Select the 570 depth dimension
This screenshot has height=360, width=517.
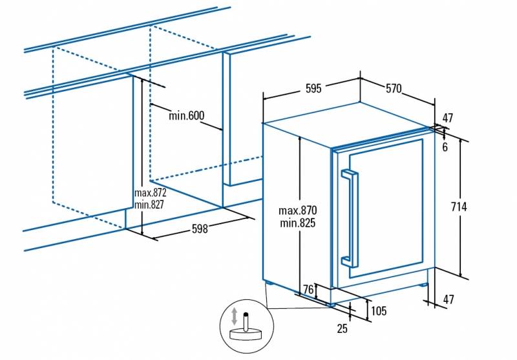coord(394,89)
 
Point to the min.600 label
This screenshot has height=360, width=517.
coord(186,116)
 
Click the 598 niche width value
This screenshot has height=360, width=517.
coord(200,229)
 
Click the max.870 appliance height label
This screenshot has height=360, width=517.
coord(298,211)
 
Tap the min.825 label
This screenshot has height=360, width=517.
coord(298,224)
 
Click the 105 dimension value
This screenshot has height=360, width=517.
coord(379,312)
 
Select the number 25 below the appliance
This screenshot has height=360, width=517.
coord(342,328)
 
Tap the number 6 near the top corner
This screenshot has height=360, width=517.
coord(445,147)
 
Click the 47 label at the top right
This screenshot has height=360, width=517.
coord(447,118)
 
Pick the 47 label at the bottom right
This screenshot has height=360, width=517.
coord(447,299)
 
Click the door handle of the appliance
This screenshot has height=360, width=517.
coord(349,218)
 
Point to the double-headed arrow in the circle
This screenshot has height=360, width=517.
coord(234,317)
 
